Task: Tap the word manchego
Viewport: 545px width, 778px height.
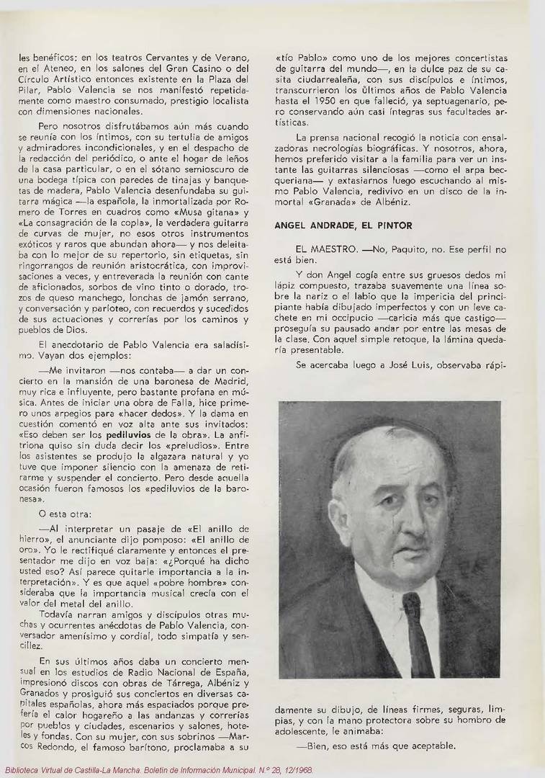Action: pos(102,298)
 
